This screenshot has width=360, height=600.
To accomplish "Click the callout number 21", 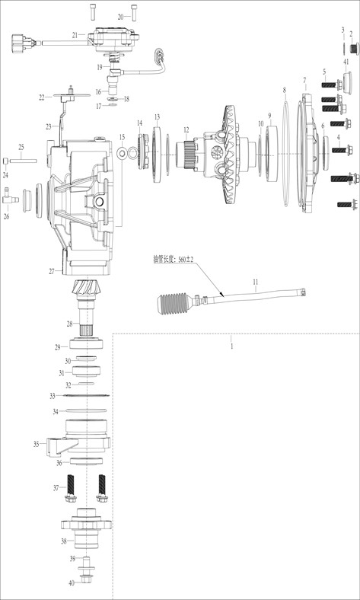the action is tap(75, 35).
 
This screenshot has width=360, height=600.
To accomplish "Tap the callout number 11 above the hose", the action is tap(256, 282).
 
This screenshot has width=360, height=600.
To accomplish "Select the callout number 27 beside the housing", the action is tap(52, 271).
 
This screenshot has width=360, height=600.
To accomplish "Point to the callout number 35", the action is tap(37, 444).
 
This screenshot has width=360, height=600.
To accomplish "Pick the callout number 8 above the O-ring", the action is tap(284, 91).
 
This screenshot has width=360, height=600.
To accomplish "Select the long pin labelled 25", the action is tap(23, 161).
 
